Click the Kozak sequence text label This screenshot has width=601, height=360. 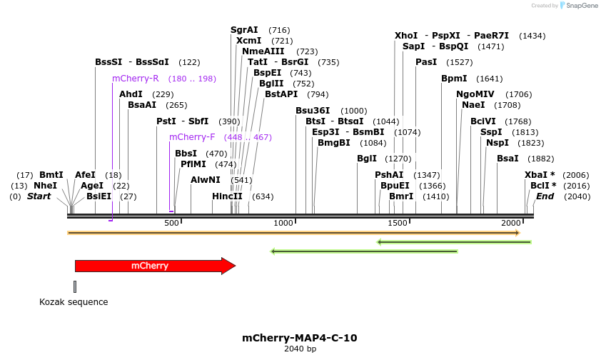click(74, 302)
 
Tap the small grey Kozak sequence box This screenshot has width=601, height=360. click(75, 286)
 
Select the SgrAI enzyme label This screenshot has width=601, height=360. click(244, 30)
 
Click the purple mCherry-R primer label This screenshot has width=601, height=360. click(136, 79)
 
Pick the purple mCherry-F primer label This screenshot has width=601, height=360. click(192, 137)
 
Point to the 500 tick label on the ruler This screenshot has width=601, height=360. click(172, 224)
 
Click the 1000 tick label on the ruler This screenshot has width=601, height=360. click(284, 224)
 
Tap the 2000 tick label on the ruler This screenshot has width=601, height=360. click(511, 224)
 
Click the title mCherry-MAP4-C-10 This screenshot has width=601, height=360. click(300, 338)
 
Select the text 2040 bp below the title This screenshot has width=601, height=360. click(300, 349)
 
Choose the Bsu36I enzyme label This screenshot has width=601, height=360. click(313, 111)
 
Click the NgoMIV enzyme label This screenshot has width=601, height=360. click(475, 94)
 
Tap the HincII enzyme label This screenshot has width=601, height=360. click(227, 196)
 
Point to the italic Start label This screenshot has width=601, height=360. click(39, 196)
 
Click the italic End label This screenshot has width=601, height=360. click(545, 196)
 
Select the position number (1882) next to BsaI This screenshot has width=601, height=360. click(541, 159)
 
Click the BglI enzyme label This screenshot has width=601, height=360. click(366, 159)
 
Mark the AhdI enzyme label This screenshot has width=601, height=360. click(131, 94)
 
